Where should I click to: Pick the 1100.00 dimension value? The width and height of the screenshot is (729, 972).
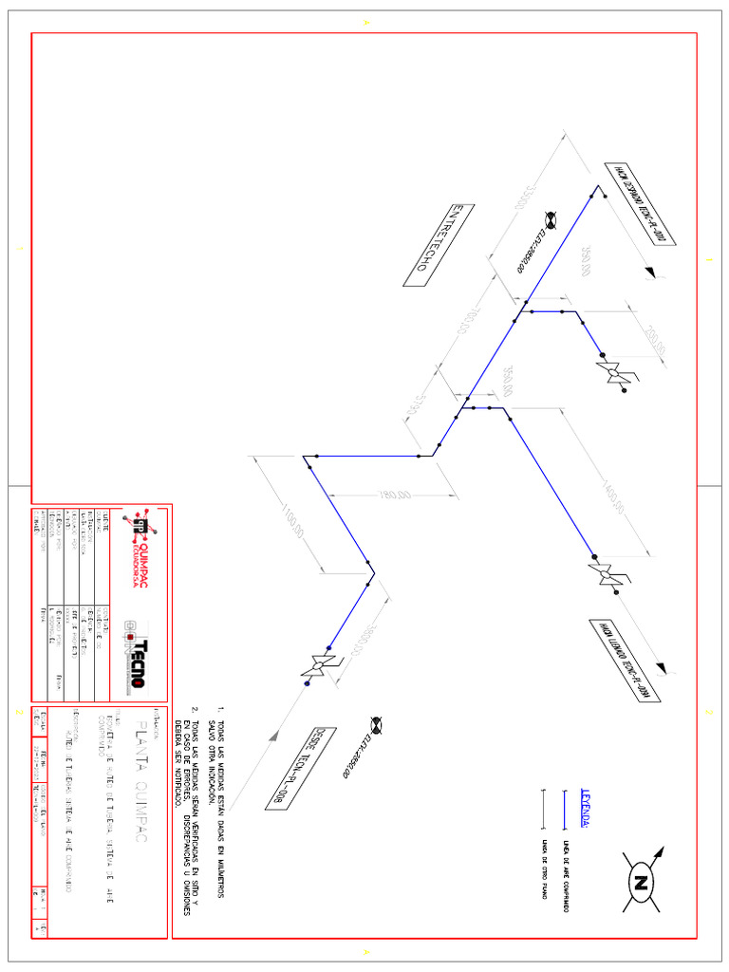point(292,521)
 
